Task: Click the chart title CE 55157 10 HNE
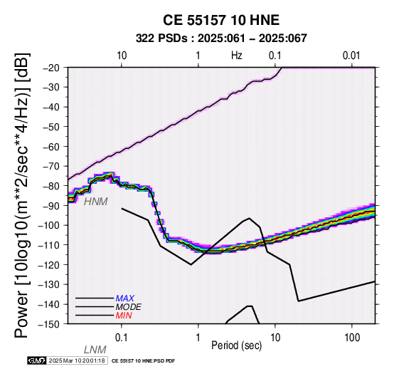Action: (x=221, y=20)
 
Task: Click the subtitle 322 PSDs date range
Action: (x=221, y=38)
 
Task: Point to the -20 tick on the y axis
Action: (x=52, y=68)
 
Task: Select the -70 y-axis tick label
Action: (x=52, y=167)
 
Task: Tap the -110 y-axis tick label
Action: (x=50, y=245)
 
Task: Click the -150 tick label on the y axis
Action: (x=50, y=324)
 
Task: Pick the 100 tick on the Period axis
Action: (x=352, y=338)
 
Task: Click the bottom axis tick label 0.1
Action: (x=122, y=338)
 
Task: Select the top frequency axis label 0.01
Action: (x=351, y=56)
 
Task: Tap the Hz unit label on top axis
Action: (x=236, y=56)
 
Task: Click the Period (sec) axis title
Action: (x=236, y=346)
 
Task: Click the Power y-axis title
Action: (x=21, y=195)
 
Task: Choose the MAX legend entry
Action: (x=125, y=298)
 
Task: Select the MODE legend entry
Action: (x=129, y=307)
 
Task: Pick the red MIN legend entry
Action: (x=124, y=316)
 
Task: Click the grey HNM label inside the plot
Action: (x=96, y=202)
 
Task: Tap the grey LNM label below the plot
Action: (x=95, y=350)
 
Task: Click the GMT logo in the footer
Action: (x=37, y=360)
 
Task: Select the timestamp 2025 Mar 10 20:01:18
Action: (x=77, y=360)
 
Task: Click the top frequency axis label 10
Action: (x=122, y=56)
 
